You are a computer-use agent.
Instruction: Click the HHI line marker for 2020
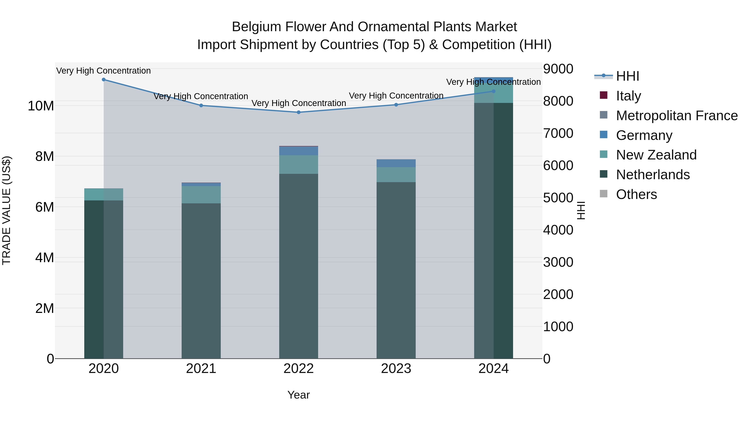click(x=104, y=80)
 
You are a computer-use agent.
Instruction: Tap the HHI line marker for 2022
click(x=299, y=112)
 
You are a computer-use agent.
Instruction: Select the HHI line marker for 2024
click(x=494, y=91)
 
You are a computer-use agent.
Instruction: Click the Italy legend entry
click(x=628, y=96)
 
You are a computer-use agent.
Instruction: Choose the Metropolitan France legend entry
click(x=676, y=115)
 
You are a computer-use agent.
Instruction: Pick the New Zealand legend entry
click(x=656, y=155)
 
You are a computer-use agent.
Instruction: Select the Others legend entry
click(x=636, y=194)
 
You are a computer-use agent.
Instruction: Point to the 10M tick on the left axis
click(x=41, y=106)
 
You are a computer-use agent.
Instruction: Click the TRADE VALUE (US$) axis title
click(x=6, y=210)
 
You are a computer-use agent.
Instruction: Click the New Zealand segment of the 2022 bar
click(x=299, y=164)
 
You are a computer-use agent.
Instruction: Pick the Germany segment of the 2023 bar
click(x=396, y=163)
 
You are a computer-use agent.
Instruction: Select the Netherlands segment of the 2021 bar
click(x=201, y=281)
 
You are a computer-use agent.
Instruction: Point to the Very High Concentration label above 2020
click(x=104, y=71)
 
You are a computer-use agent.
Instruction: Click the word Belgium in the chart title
click(x=256, y=27)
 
